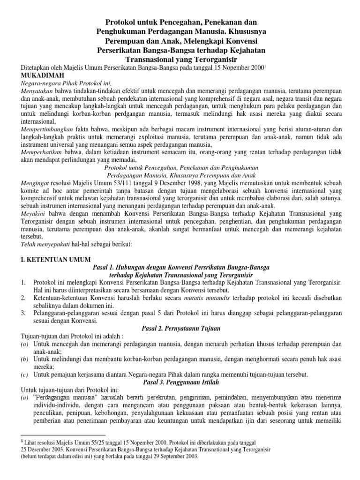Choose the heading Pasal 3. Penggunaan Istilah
click(x=180, y=382)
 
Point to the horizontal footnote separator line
click(x=63, y=435)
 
